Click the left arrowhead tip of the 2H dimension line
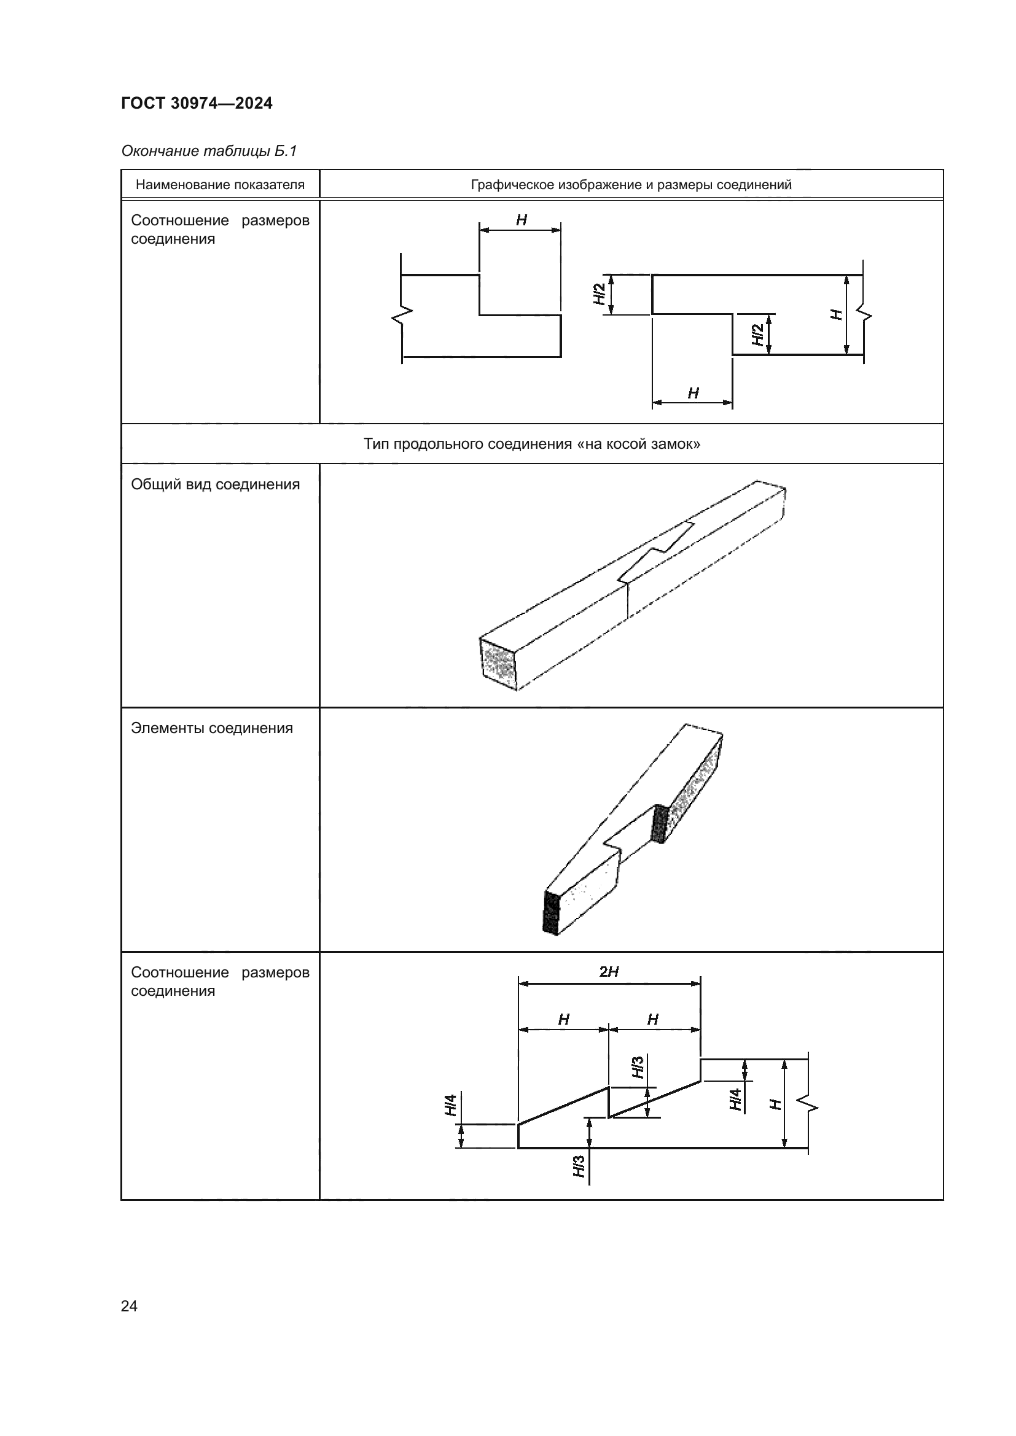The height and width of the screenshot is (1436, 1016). point(518,984)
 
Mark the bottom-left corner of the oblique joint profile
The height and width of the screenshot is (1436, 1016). point(518,1147)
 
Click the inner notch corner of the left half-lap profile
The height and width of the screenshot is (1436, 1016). point(480,314)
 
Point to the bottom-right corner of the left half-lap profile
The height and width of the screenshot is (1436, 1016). point(561,357)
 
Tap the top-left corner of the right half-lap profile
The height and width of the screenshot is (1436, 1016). point(652,274)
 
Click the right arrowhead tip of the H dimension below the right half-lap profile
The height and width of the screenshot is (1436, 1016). point(733,402)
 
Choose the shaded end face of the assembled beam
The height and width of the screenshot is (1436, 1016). point(499,665)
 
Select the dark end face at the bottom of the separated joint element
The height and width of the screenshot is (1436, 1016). point(550,912)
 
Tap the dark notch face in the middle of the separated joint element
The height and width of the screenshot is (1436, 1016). point(660,824)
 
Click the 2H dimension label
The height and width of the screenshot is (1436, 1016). point(609,971)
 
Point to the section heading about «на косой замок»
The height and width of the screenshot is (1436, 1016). point(532,444)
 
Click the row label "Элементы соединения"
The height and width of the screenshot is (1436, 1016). point(212,729)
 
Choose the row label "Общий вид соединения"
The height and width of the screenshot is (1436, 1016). point(215,485)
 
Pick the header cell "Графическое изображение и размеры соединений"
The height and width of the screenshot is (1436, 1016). point(631,185)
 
